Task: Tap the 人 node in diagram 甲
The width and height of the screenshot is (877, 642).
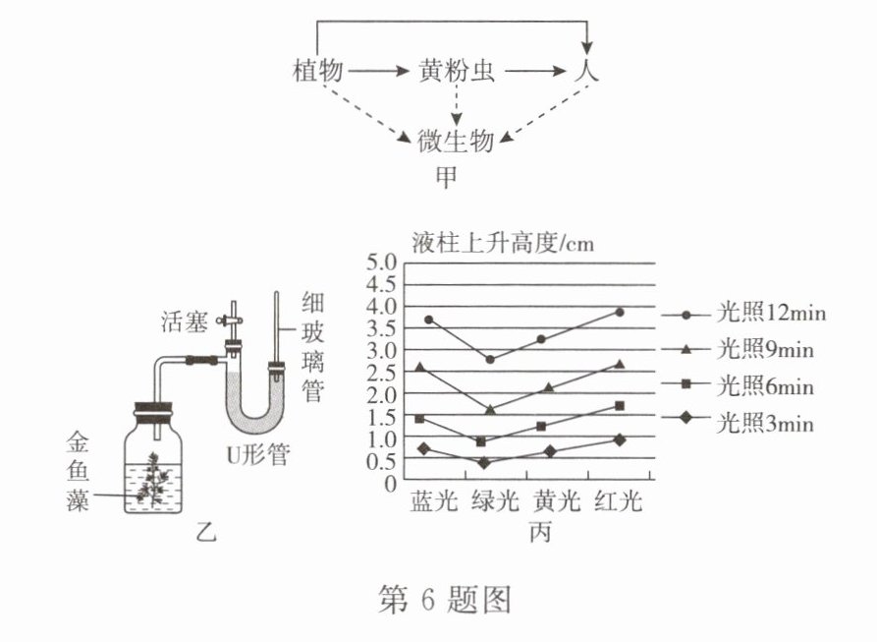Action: pyautogui.click(x=588, y=72)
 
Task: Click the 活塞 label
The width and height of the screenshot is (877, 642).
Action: pyautogui.click(x=185, y=321)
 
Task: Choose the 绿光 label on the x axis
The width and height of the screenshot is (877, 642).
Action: pyautogui.click(x=493, y=504)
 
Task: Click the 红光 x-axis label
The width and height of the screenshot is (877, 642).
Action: pyautogui.click(x=618, y=504)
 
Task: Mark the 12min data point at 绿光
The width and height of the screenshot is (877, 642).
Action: pyautogui.click(x=490, y=359)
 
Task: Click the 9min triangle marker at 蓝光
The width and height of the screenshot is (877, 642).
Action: pyautogui.click(x=421, y=367)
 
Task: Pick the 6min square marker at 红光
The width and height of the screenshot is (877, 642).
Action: pyautogui.click(x=619, y=405)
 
